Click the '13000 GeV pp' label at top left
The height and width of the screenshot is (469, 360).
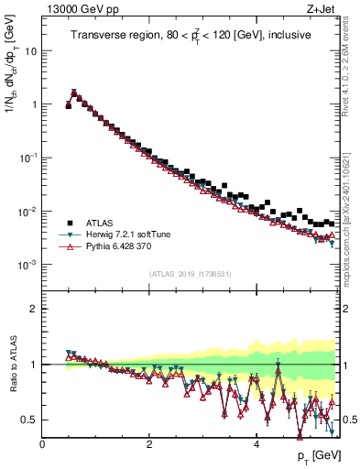[76, 10]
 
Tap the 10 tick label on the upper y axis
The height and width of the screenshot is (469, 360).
[29, 51]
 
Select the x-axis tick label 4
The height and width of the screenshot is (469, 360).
[256, 445]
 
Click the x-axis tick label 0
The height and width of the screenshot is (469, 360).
[42, 445]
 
